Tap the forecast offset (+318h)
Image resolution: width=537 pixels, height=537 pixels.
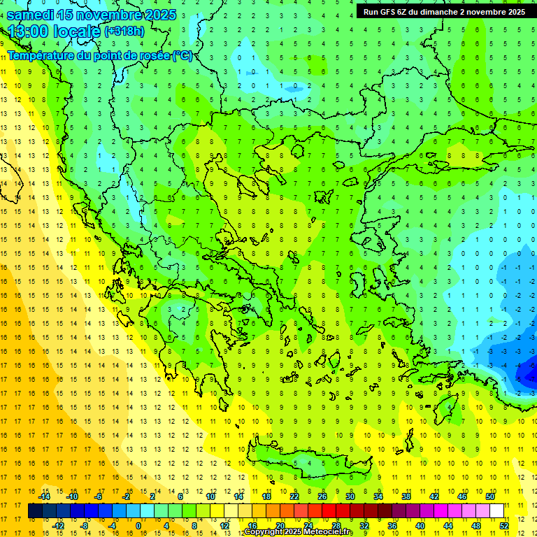(124, 31)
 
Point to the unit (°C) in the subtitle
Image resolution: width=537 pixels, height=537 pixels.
(182, 56)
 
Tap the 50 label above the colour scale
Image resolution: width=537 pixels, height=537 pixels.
(489, 496)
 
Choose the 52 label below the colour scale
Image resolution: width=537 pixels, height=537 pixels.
(504, 525)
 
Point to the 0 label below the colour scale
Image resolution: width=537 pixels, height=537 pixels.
(138, 525)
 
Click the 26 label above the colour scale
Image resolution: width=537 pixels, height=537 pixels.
(322, 496)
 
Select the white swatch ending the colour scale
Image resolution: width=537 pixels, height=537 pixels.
(496, 510)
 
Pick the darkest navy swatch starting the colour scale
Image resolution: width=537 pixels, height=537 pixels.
(35, 510)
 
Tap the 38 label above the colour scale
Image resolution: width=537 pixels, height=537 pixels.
(406, 496)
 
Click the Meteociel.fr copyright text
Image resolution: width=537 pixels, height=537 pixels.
(299, 532)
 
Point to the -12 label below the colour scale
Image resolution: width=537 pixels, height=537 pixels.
(58, 525)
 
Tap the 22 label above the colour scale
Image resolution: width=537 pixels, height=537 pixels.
(294, 496)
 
